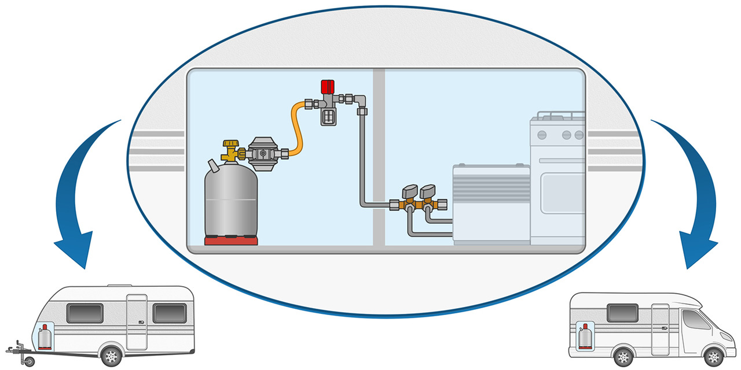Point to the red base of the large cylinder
(231, 241)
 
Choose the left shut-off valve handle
(410, 191)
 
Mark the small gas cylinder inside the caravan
(43, 337)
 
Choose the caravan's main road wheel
(111, 354)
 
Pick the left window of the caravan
(85, 313)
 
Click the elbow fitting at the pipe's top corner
(361, 103)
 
